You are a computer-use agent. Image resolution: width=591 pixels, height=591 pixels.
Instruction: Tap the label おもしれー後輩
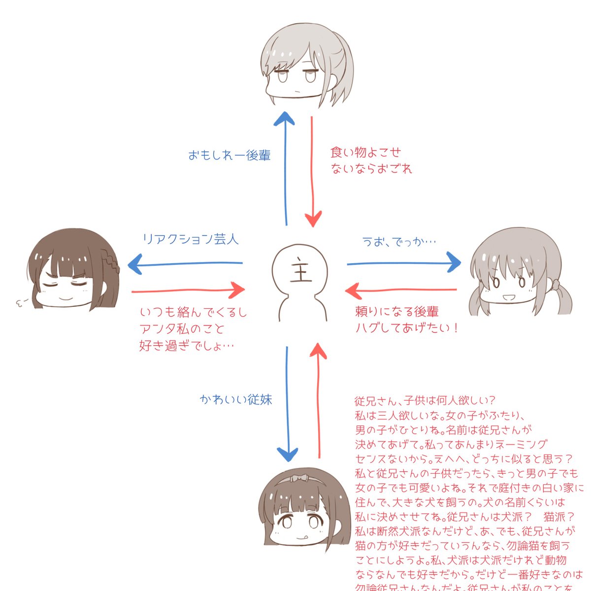coord(230,156)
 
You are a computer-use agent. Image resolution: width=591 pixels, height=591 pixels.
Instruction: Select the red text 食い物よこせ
coord(365,152)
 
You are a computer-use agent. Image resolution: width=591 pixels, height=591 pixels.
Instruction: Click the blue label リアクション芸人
coord(190,239)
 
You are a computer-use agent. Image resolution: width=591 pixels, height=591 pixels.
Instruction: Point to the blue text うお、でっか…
coord(399,242)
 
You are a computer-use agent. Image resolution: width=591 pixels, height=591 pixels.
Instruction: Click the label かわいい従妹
coord(236,399)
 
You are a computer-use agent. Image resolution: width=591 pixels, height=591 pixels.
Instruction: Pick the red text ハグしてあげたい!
coord(407,328)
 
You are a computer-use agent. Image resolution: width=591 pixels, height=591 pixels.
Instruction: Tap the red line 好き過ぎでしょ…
coord(187,346)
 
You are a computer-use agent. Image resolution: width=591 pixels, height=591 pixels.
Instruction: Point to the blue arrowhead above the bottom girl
coord(287,454)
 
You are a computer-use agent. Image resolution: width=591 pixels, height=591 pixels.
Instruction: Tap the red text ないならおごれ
coord(371,169)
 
